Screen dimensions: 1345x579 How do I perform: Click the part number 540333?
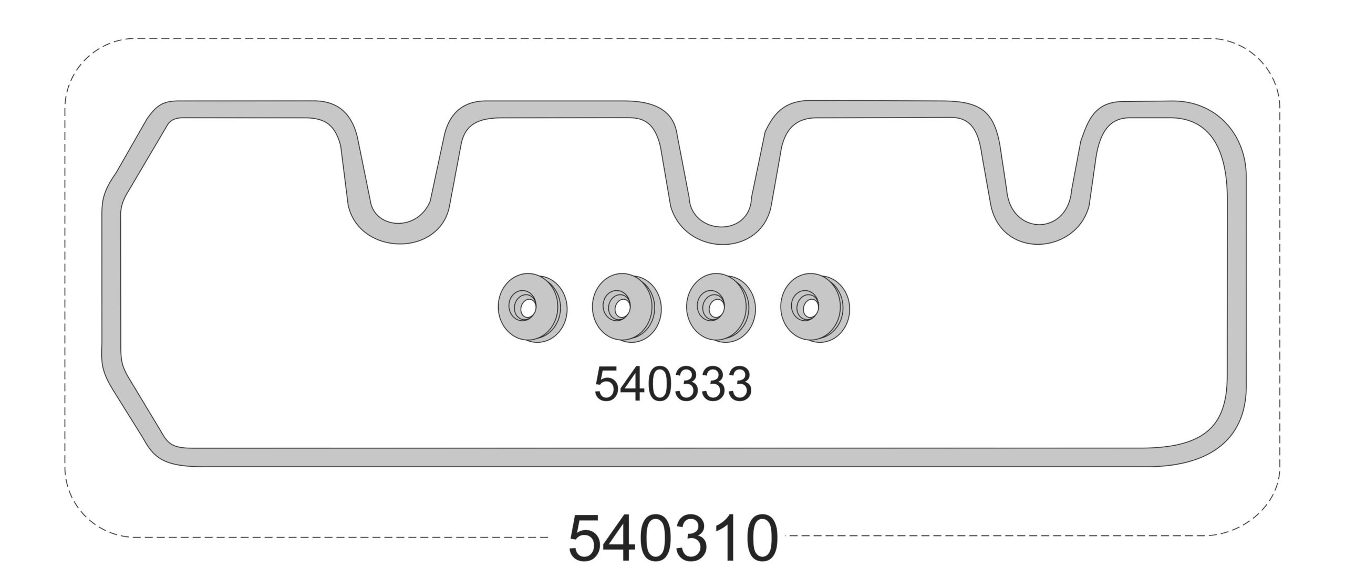click(672, 384)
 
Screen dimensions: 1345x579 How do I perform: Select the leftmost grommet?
click(532, 308)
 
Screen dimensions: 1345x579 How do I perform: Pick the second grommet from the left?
click(626, 308)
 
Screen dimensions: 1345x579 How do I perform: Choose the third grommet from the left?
click(721, 308)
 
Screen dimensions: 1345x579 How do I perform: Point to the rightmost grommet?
click(815, 308)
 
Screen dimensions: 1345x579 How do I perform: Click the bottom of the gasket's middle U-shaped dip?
click(722, 235)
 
